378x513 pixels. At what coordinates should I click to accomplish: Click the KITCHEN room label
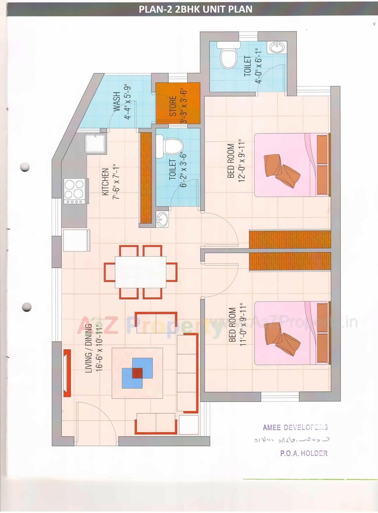point(105,182)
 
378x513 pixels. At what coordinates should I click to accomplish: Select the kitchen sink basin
point(95,144)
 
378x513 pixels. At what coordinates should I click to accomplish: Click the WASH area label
point(117,101)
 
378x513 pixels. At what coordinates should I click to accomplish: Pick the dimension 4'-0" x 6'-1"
point(258,66)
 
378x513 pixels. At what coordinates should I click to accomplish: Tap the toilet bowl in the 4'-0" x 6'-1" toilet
point(229,58)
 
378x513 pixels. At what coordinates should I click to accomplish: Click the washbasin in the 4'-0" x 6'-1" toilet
point(277,47)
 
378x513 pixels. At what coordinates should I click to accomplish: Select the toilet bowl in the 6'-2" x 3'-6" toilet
point(173,146)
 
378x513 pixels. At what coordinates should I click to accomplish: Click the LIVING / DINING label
point(88,348)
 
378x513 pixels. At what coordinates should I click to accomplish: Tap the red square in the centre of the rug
point(137,373)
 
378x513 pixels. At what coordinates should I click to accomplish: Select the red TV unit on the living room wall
point(67,373)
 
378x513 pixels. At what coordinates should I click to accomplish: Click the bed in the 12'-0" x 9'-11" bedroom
point(291,165)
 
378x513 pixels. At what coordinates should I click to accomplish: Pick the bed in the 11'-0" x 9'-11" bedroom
point(291,333)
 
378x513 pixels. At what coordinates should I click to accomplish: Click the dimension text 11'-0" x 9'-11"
point(243,324)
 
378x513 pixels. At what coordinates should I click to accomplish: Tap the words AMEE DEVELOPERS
point(295,427)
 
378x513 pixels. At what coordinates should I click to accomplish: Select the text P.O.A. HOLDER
point(304,453)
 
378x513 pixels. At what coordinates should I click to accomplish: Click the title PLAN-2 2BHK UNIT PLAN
point(195,9)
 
